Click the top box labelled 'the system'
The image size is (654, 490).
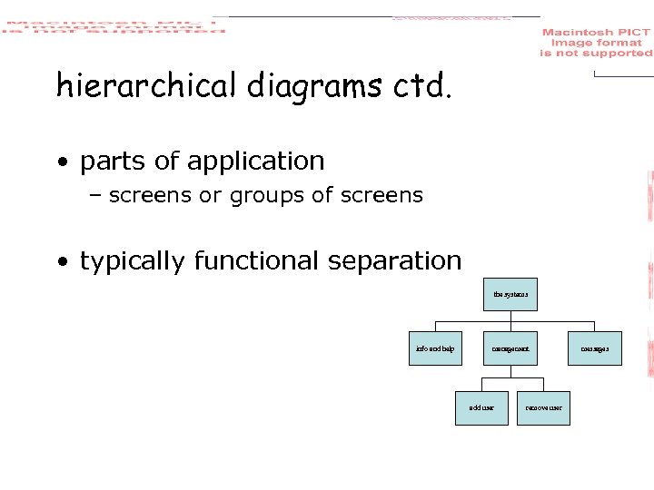(x=510, y=294)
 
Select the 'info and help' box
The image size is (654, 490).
(x=435, y=348)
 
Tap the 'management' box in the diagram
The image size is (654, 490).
(x=510, y=348)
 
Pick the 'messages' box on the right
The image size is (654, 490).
(x=596, y=348)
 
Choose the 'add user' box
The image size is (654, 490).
(x=481, y=407)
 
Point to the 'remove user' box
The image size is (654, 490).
(x=543, y=407)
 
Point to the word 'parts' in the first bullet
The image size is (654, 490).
(x=110, y=162)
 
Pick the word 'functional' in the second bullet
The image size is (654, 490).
(x=257, y=261)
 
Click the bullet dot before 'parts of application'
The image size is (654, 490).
(x=62, y=163)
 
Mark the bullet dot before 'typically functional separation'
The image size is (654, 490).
(x=62, y=263)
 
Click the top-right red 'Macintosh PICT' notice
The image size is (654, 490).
(x=596, y=43)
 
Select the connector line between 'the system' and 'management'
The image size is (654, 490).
(x=510, y=317)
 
